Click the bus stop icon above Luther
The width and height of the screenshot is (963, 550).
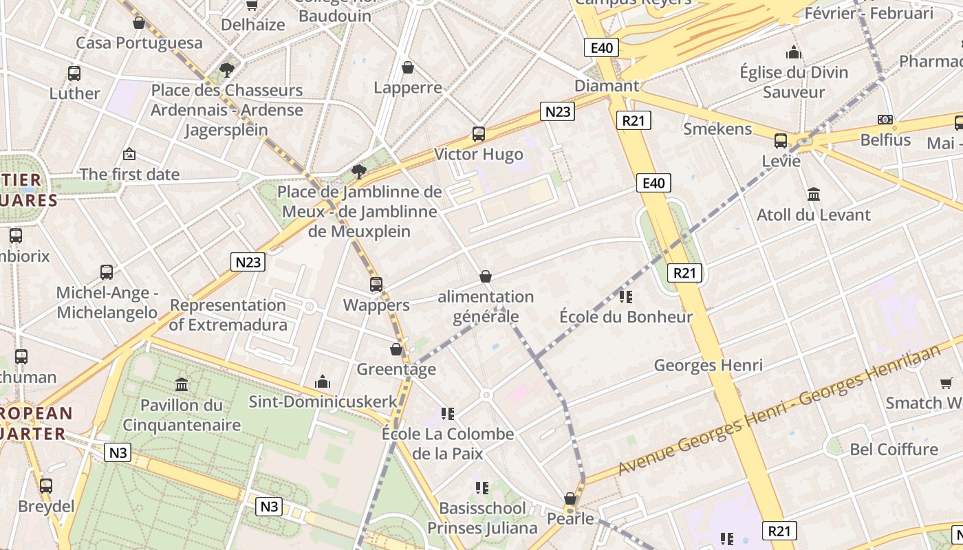[74, 73]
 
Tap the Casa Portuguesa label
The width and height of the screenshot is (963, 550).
[139, 43]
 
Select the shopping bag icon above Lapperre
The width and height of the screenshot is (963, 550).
[408, 67]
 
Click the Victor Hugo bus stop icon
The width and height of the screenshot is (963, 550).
[479, 134]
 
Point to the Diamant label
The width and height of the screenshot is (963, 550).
[607, 86]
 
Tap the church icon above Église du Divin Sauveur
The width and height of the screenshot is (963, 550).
[794, 52]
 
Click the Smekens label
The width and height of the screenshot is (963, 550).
[717, 129]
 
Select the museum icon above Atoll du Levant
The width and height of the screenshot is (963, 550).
[814, 194]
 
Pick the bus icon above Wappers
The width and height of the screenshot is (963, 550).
[376, 284]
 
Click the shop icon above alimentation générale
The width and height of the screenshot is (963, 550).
[486, 276]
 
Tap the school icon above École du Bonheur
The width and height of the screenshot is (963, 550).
[625, 296]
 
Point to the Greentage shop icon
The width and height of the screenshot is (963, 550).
[396, 349]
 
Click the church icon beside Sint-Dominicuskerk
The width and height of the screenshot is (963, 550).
[322, 382]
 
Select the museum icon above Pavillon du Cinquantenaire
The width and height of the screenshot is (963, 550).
[182, 384]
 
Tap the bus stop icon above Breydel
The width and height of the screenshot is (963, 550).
[46, 485]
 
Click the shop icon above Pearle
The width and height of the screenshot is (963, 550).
[570, 498]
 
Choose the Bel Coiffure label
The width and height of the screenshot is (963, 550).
[894, 449]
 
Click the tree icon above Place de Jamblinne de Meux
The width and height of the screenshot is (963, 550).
[358, 171]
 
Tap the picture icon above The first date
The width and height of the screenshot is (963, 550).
[129, 154]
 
